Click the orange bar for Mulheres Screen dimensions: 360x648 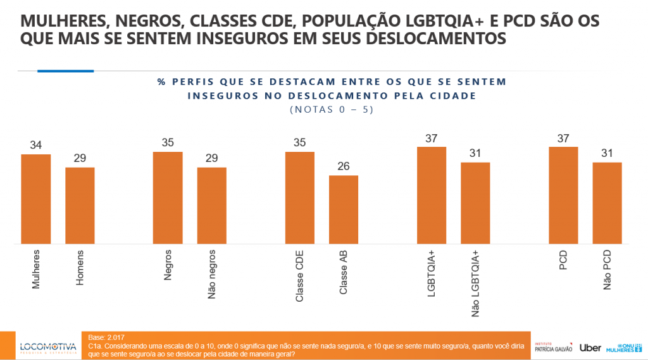(36, 199)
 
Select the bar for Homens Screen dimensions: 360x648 (80, 205)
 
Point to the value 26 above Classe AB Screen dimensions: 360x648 (344, 166)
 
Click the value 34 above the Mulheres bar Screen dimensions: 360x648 (36, 146)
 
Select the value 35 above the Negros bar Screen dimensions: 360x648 (168, 143)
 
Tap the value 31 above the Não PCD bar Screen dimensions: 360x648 (607, 154)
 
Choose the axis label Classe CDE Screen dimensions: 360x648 (300, 275)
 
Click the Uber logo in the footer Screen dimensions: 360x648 (590, 347)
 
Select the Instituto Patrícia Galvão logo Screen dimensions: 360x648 (553, 347)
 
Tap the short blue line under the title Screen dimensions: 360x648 (65, 71)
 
